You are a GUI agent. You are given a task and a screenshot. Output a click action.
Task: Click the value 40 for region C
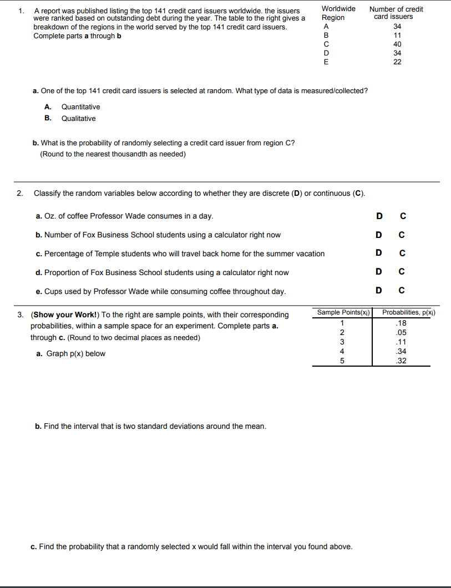pyautogui.click(x=397, y=44)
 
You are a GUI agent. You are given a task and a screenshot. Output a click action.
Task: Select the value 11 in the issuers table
pyautogui.click(x=397, y=36)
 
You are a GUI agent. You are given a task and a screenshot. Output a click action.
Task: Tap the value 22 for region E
pyautogui.click(x=397, y=62)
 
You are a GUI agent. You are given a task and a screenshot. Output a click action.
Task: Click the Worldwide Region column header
pyautogui.click(x=338, y=13)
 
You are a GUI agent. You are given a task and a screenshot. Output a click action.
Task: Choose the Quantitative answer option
pyautogui.click(x=80, y=107)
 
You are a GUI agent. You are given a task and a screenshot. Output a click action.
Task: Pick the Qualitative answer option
pyautogui.click(x=78, y=118)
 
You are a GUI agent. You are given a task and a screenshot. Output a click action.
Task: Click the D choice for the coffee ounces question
pyautogui.click(x=379, y=216)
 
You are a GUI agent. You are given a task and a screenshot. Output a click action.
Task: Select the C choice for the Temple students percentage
pyautogui.click(x=403, y=254)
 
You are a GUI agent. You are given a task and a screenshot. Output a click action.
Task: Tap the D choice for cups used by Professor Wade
pyautogui.click(x=379, y=290)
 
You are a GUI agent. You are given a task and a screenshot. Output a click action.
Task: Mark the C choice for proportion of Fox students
pyautogui.click(x=403, y=272)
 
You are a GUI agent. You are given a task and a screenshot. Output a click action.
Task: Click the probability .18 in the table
pyautogui.click(x=402, y=323)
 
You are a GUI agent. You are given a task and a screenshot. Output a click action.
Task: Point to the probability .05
pyautogui.click(x=402, y=333)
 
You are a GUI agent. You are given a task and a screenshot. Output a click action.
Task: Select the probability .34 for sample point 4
pyautogui.click(x=402, y=351)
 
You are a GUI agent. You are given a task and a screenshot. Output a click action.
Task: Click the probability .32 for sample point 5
pyautogui.click(x=402, y=361)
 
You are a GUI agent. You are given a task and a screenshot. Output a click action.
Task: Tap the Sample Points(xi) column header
pyautogui.click(x=343, y=313)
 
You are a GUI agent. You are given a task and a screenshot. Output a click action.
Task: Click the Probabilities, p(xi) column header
pyautogui.click(x=409, y=313)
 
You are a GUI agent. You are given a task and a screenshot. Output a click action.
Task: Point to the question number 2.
pyautogui.click(x=20, y=193)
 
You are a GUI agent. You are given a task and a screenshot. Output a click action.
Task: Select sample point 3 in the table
pyautogui.click(x=342, y=342)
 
